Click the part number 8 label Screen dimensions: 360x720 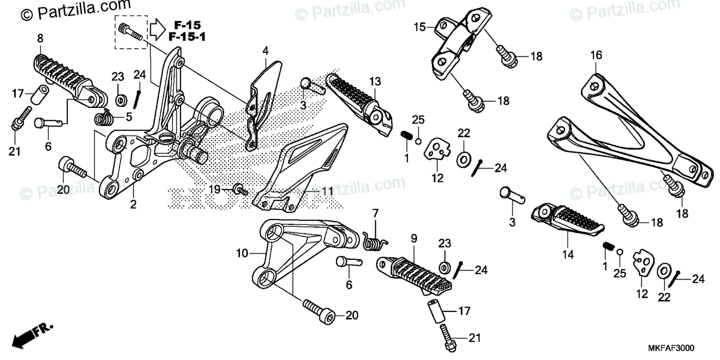pyautogui.click(x=40, y=38)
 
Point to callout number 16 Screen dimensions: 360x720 pyautogui.click(x=595, y=55)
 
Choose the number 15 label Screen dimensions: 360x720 pyautogui.click(x=419, y=27)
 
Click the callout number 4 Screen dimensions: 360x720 pyautogui.click(x=265, y=52)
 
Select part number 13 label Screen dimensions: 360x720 pyautogui.click(x=375, y=82)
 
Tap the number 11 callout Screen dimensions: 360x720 pyautogui.click(x=326, y=192)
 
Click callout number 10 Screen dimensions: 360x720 pyautogui.click(x=241, y=254)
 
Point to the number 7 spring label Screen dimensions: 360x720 pyautogui.click(x=376, y=213)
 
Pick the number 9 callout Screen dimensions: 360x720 pyautogui.click(x=413, y=239)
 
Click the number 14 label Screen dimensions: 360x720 pyautogui.click(x=568, y=254)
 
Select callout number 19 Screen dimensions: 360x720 pyautogui.click(x=215, y=190)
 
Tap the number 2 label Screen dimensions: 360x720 pyautogui.click(x=133, y=205)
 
